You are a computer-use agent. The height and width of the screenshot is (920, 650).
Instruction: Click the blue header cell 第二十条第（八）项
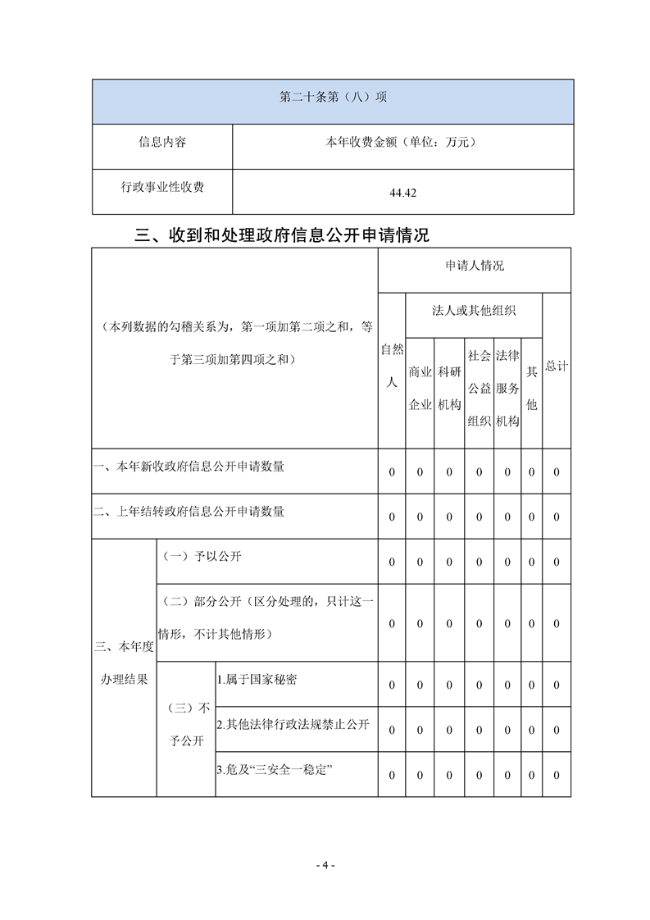click(333, 98)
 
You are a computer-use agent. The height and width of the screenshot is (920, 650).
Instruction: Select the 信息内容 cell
click(161, 143)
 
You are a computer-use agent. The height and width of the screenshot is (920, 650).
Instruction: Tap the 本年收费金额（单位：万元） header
click(401, 143)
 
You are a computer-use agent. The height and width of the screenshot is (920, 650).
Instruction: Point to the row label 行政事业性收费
click(161, 188)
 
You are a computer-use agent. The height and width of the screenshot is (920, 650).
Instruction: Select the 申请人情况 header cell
click(475, 266)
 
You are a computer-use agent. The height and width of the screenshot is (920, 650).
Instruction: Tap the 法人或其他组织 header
click(474, 312)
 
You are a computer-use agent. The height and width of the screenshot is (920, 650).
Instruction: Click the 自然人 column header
click(392, 366)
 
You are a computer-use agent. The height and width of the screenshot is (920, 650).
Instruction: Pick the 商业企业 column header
click(420, 388)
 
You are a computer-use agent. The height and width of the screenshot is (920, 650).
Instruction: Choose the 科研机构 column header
click(449, 388)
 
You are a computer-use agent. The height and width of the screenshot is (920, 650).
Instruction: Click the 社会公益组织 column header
click(479, 388)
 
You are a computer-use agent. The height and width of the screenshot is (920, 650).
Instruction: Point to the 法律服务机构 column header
click(507, 388)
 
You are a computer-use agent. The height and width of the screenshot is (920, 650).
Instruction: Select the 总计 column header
click(557, 366)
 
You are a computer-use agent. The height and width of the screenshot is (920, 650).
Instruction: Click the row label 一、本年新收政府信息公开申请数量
click(189, 467)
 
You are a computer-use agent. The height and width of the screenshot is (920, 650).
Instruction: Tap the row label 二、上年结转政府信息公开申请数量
click(189, 512)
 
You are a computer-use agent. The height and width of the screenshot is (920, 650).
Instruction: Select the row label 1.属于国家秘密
click(257, 680)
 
